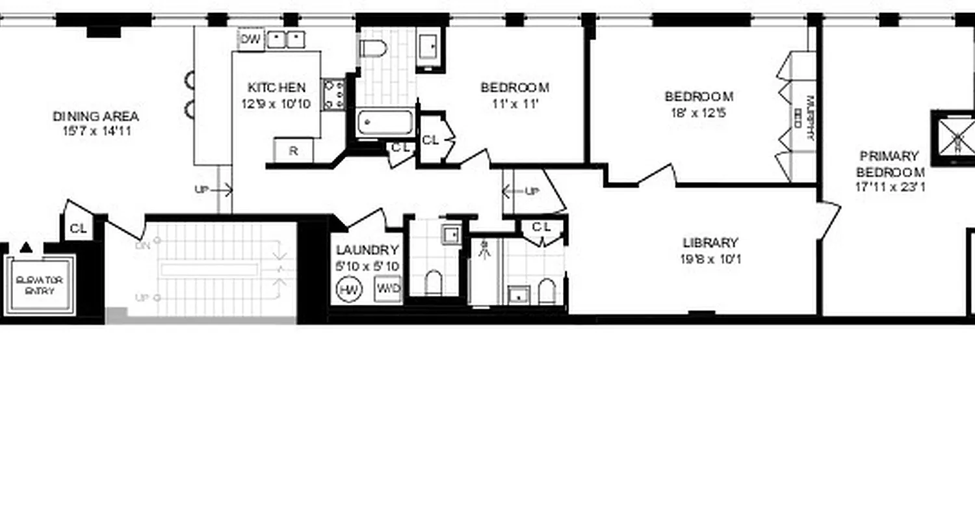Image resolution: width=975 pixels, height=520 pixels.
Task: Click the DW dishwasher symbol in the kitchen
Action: (x=250, y=39)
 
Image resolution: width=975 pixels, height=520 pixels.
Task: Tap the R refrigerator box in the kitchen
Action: (x=293, y=151)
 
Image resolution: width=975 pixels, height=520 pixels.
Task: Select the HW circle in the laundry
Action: (x=349, y=290)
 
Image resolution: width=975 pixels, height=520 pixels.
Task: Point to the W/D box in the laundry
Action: (x=388, y=289)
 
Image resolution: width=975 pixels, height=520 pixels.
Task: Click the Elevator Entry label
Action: (x=40, y=285)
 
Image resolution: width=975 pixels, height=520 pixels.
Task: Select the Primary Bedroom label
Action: (x=890, y=164)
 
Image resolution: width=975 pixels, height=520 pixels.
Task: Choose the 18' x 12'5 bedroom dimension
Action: (x=699, y=112)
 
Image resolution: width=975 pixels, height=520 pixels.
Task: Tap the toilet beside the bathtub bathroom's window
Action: (x=373, y=47)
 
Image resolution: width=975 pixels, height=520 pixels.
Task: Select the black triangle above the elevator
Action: (x=26, y=247)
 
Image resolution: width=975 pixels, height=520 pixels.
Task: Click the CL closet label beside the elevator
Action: (x=78, y=228)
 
